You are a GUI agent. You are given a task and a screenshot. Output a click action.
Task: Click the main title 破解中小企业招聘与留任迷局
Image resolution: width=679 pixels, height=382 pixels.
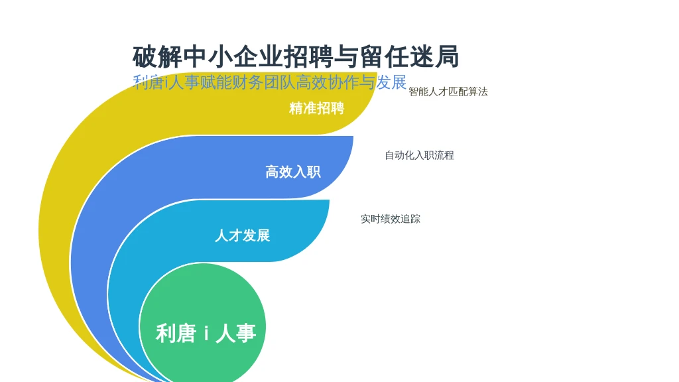(295, 57)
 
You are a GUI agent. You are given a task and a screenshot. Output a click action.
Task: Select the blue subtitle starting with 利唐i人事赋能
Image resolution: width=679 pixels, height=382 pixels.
(269, 82)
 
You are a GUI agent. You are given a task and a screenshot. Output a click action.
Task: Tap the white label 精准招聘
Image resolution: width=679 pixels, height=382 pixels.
(316, 108)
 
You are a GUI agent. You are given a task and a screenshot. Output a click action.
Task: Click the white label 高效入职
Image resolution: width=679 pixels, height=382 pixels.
(293, 172)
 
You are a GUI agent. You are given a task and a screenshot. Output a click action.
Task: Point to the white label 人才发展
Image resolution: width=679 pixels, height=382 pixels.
(243, 235)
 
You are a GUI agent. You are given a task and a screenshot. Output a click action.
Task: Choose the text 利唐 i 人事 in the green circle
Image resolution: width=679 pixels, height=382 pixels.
(206, 333)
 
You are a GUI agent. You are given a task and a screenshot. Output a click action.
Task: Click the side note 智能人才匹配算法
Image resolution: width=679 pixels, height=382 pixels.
(448, 92)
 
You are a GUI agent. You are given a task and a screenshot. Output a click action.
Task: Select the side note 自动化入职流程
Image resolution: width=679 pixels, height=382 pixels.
(419, 155)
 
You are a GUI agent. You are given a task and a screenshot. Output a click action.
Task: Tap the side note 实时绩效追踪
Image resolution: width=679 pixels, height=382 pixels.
(391, 219)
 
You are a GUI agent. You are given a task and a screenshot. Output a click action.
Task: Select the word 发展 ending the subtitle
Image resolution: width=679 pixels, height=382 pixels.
(391, 82)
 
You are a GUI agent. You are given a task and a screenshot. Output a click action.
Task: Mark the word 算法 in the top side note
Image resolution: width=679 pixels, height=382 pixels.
(478, 92)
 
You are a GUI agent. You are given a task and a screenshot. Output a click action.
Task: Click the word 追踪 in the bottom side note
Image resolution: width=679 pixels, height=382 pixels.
(410, 219)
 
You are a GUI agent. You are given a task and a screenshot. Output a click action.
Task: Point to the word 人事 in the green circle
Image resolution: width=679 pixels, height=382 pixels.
(235, 333)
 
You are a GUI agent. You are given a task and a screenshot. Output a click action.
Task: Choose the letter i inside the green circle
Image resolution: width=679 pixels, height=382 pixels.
(206, 333)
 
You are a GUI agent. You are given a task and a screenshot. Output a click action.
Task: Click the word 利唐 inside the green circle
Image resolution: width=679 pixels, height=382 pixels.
(176, 333)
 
